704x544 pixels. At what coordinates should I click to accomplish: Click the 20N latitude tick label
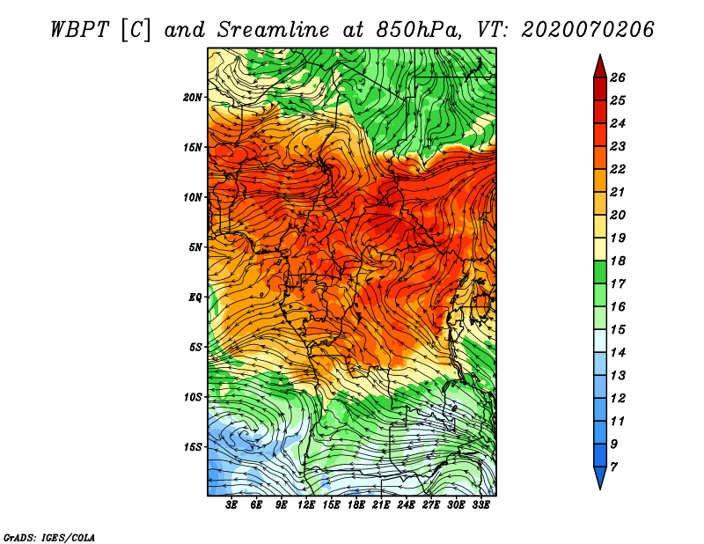(x=192, y=98)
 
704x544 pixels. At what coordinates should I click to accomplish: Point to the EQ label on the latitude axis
(x=194, y=298)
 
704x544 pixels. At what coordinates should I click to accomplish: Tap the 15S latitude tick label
(x=193, y=447)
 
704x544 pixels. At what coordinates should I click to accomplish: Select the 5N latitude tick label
(x=195, y=247)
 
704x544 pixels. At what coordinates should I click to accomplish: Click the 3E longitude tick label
(x=231, y=505)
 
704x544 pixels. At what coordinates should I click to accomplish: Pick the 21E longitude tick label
(x=381, y=505)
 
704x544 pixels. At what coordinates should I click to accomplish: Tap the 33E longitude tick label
(x=480, y=505)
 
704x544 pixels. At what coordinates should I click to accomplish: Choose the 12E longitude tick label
(x=306, y=505)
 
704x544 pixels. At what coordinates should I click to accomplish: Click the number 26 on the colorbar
(x=618, y=77)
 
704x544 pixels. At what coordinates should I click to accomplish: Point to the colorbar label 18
(x=618, y=261)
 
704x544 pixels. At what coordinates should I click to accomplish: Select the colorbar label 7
(x=613, y=467)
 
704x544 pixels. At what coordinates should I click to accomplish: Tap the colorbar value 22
(x=618, y=169)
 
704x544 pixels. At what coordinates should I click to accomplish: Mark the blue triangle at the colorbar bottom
(x=600, y=476)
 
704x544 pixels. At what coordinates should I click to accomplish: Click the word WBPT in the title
(x=80, y=30)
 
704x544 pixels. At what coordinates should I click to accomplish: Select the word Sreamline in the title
(x=273, y=30)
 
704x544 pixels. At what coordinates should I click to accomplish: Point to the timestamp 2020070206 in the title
(x=587, y=30)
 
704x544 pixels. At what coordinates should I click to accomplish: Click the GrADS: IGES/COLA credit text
(x=49, y=538)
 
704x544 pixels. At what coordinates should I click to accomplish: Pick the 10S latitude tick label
(x=193, y=397)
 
